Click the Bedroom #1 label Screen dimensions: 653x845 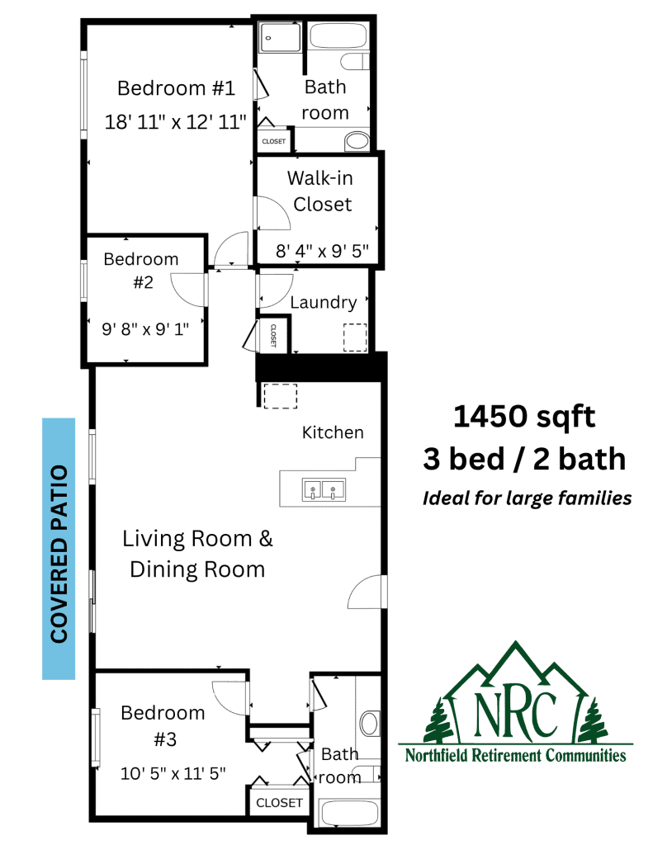point(177,87)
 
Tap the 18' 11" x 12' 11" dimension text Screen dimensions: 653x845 point(175,122)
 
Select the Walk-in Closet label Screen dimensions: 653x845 point(320,191)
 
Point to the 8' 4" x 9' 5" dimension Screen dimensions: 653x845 point(322,251)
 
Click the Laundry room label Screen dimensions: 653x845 point(324,302)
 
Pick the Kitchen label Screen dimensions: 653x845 point(333,432)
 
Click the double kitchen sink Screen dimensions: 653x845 point(324,489)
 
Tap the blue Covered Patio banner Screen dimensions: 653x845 point(59,549)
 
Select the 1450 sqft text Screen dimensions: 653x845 point(524,416)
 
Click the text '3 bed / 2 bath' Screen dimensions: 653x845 point(524,459)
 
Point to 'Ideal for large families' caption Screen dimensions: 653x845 point(527,498)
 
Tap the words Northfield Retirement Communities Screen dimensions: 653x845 point(515,756)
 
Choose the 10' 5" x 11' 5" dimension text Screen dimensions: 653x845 point(173,773)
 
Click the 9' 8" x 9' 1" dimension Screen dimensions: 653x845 point(145,328)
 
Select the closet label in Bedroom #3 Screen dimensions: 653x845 point(279,803)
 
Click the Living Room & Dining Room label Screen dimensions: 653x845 point(197,554)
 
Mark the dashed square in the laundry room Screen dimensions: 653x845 point(355,338)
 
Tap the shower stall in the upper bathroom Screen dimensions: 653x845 point(279,37)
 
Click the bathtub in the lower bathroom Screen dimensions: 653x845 point(350,814)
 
